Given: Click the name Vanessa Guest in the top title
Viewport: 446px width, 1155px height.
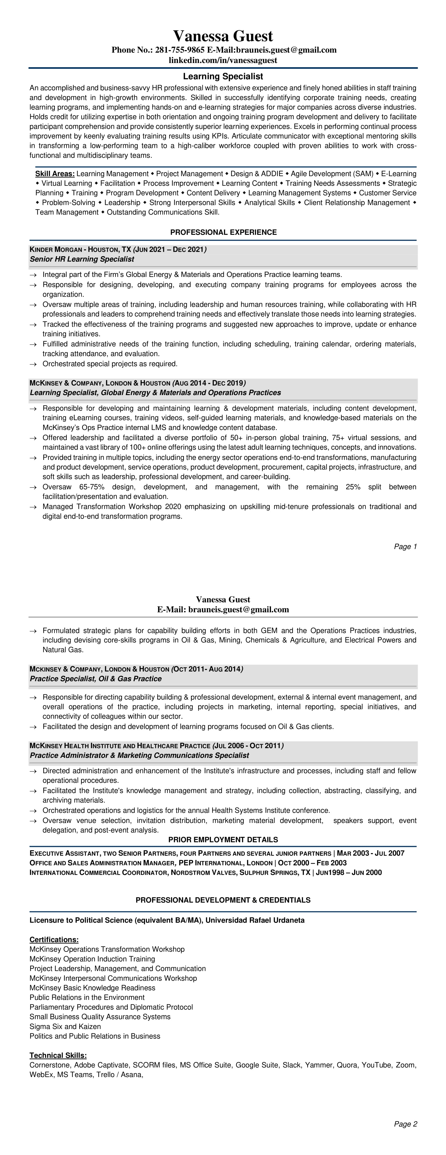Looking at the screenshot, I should pyautogui.click(x=223, y=36).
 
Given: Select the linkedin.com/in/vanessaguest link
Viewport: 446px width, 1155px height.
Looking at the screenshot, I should pyautogui.click(x=223, y=60).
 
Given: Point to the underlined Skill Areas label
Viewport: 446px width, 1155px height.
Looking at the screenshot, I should pyautogui.click(x=55, y=174).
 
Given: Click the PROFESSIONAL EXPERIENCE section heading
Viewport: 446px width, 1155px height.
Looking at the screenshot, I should pyautogui.click(x=223, y=232).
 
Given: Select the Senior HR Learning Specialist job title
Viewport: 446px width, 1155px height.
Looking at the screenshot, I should pyautogui.click(x=82, y=259).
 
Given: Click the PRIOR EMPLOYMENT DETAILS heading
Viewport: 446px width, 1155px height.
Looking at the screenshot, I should pyautogui.click(x=223, y=839).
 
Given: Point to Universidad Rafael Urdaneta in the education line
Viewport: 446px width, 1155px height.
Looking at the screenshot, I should pyautogui.click(x=254, y=920).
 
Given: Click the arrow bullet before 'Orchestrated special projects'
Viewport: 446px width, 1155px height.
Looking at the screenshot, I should pyautogui.click(x=33, y=364).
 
